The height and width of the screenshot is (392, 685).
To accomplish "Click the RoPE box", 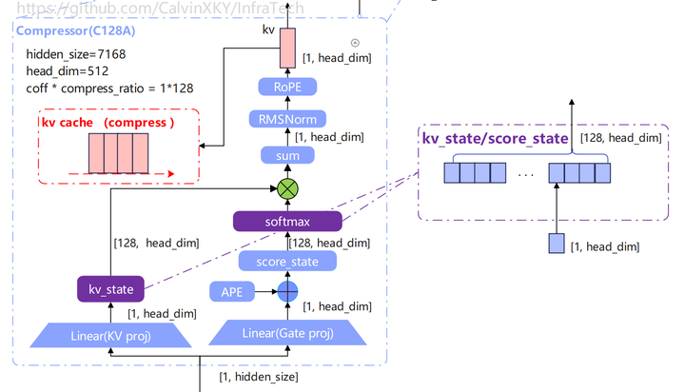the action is click(287, 87).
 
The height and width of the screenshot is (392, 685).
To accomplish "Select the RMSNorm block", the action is click(287, 119).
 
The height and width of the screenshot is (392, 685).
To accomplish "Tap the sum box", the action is click(287, 156).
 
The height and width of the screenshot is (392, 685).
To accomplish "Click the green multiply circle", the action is click(287, 189).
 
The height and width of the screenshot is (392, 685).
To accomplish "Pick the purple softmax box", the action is click(287, 221).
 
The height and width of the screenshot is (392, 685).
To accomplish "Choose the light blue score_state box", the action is click(287, 262).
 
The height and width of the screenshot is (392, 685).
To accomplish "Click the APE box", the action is click(232, 291).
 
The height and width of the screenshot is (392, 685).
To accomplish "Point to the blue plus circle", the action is click(287, 291).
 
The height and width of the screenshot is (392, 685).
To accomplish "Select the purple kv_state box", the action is click(110, 289).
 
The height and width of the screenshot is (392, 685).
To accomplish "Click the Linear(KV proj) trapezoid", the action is click(110, 335).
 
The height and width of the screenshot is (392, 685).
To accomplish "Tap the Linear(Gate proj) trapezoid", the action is click(287, 333).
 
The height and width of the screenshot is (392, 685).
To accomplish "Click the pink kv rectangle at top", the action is click(287, 49).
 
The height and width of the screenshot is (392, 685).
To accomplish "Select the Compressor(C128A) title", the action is click(75, 31).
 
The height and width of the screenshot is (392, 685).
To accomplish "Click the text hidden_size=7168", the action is click(76, 54).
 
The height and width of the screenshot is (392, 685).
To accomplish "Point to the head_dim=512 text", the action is click(68, 70).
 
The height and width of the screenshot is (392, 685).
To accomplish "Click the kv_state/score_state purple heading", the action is click(495, 139).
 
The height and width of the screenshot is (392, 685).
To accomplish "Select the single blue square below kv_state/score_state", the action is click(557, 244).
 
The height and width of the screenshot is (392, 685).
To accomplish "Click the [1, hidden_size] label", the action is click(259, 377).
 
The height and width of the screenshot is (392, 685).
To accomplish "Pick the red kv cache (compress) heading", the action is click(108, 123).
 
